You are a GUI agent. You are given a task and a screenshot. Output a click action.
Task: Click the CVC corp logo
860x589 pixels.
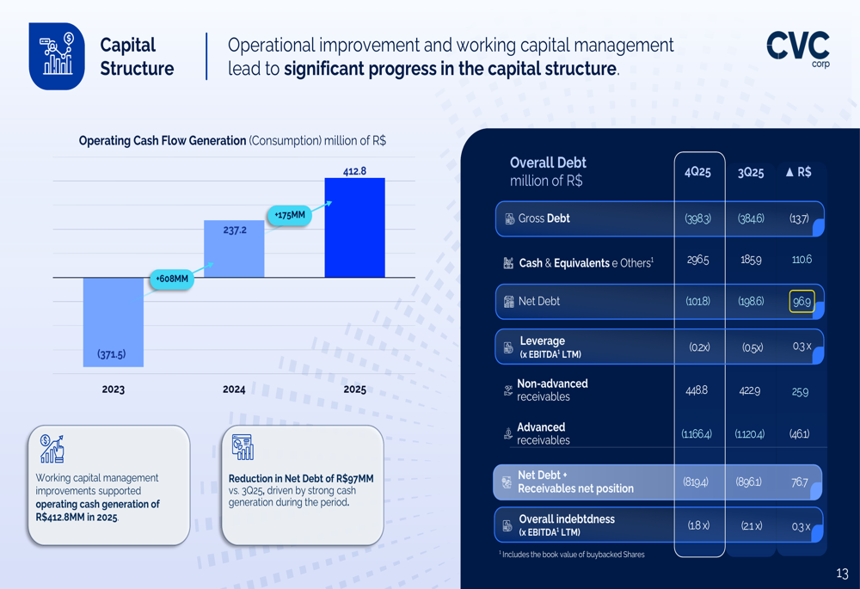[x=798, y=49]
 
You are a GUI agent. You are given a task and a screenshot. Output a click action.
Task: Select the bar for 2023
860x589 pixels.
[x=113, y=322]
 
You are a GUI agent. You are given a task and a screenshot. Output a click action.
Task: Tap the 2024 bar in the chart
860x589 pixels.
[x=234, y=248]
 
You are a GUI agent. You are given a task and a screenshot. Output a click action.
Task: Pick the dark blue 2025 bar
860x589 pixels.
[x=354, y=228]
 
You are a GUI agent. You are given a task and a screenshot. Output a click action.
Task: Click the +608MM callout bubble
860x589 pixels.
[x=172, y=279]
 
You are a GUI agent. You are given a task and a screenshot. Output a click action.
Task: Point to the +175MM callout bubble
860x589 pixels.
[x=290, y=215]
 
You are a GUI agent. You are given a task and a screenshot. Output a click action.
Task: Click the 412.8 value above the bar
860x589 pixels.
[x=354, y=171]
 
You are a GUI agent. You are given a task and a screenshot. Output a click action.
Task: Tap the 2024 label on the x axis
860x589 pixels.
[x=234, y=390]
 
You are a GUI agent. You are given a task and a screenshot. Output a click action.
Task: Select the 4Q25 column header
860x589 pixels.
[x=697, y=172]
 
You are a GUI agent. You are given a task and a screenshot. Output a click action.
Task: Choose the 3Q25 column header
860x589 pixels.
[x=751, y=172]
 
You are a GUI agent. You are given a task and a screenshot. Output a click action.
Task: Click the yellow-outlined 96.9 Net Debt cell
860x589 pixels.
[x=802, y=302]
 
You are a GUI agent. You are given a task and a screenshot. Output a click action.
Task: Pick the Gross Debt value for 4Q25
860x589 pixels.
[x=697, y=219]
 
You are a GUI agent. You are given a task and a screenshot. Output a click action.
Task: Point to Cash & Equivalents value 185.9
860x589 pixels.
[x=751, y=260]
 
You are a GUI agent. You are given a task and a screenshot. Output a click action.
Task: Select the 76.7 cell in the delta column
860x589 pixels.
[x=800, y=482]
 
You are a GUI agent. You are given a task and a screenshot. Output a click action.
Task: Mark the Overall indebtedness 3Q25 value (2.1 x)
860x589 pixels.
[x=751, y=525]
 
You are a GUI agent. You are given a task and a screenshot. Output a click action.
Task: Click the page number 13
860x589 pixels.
[x=842, y=574]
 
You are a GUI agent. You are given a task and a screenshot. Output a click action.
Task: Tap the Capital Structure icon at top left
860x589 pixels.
[x=57, y=56]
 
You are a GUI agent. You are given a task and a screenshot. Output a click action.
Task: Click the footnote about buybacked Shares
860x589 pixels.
[x=572, y=555]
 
